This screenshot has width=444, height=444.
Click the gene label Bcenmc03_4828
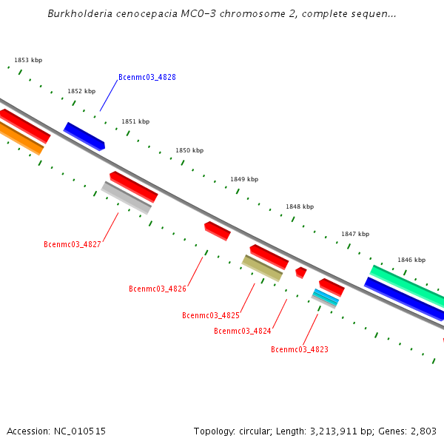(147, 77)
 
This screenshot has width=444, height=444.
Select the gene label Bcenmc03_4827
(73, 244)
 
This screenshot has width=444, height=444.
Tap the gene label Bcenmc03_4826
(157, 289)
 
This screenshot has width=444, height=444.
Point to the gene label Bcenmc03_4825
(211, 315)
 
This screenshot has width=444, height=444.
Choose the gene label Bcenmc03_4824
(242, 331)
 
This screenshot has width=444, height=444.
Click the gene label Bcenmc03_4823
(299, 349)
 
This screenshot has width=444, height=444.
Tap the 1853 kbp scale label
(28, 60)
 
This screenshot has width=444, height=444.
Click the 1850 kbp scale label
(189, 150)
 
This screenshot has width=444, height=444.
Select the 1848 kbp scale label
(300, 206)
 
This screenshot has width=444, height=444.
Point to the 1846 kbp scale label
(411, 260)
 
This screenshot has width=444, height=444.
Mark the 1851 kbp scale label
(135, 121)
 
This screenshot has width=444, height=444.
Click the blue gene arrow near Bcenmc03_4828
(84, 135)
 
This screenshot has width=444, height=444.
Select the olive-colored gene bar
(263, 268)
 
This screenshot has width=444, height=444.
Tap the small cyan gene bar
(326, 297)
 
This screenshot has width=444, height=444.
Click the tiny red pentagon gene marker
(300, 272)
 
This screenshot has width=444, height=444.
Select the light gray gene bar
(126, 198)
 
